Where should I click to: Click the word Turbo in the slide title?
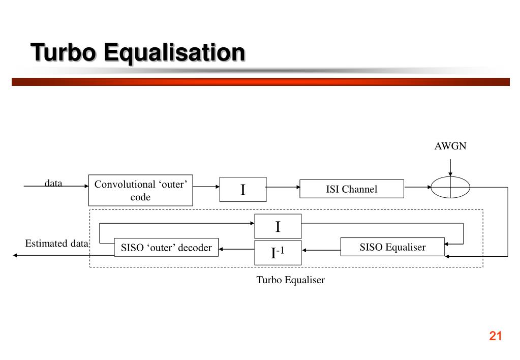coord(64,52)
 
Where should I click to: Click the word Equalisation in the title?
coord(174,53)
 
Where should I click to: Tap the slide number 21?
coord(496,336)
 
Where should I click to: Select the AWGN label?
coord(450,146)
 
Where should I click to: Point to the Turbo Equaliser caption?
coord(291,280)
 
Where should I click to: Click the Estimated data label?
coord(57,244)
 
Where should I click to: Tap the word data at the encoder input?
coord(53,183)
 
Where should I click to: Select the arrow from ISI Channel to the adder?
coord(417,187)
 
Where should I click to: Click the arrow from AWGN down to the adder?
coord(450,168)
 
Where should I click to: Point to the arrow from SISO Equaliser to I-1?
coord(321,250)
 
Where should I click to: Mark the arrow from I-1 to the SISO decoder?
coord(237,249)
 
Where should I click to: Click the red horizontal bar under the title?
coord(261,82)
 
